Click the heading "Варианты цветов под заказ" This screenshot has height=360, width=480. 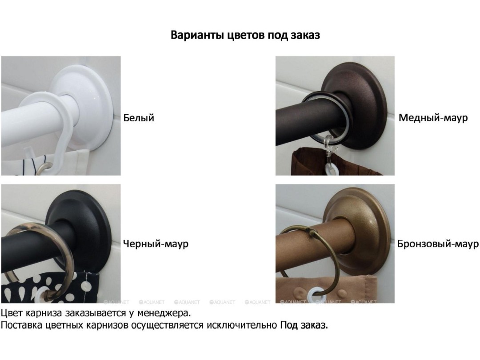[245, 35]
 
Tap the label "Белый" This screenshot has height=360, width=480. [139, 118]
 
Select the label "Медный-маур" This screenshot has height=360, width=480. [433, 117]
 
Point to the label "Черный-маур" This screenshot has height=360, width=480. [156, 244]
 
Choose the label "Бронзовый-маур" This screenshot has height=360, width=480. [438, 244]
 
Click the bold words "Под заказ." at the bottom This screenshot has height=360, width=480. [304, 325]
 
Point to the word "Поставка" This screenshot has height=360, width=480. [22, 325]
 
